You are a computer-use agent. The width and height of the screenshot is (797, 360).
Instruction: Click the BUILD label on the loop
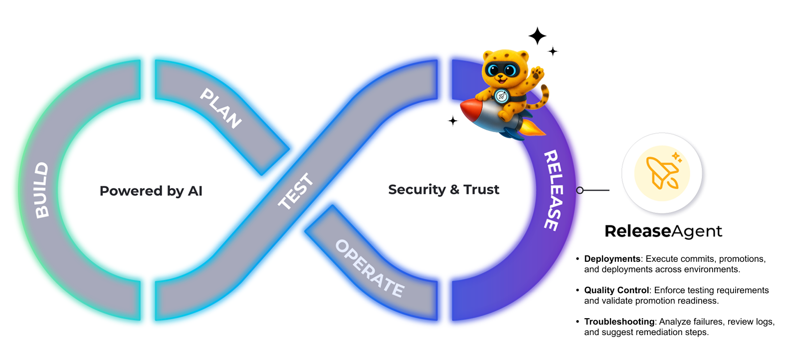[42, 190]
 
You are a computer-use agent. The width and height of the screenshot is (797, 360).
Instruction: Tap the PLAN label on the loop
[221, 108]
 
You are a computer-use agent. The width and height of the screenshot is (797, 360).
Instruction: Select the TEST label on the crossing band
[296, 191]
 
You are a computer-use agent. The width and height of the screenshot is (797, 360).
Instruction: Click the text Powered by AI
[151, 191]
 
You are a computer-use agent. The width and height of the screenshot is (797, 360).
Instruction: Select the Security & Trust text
[443, 189]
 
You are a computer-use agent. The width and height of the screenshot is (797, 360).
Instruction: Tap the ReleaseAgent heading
[663, 231]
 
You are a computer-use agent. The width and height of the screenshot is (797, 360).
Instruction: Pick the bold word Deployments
[612, 259]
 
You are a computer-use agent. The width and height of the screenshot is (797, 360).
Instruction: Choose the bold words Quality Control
[616, 290]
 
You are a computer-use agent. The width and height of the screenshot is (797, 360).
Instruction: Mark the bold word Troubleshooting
[619, 322]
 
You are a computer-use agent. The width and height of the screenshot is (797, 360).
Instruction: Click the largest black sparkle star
[537, 36]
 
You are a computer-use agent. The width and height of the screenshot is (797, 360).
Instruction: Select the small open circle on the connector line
[580, 190]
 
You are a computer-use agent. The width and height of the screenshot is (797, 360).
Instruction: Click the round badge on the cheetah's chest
[501, 96]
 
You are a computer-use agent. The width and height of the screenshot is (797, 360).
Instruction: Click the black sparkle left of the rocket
[452, 121]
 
